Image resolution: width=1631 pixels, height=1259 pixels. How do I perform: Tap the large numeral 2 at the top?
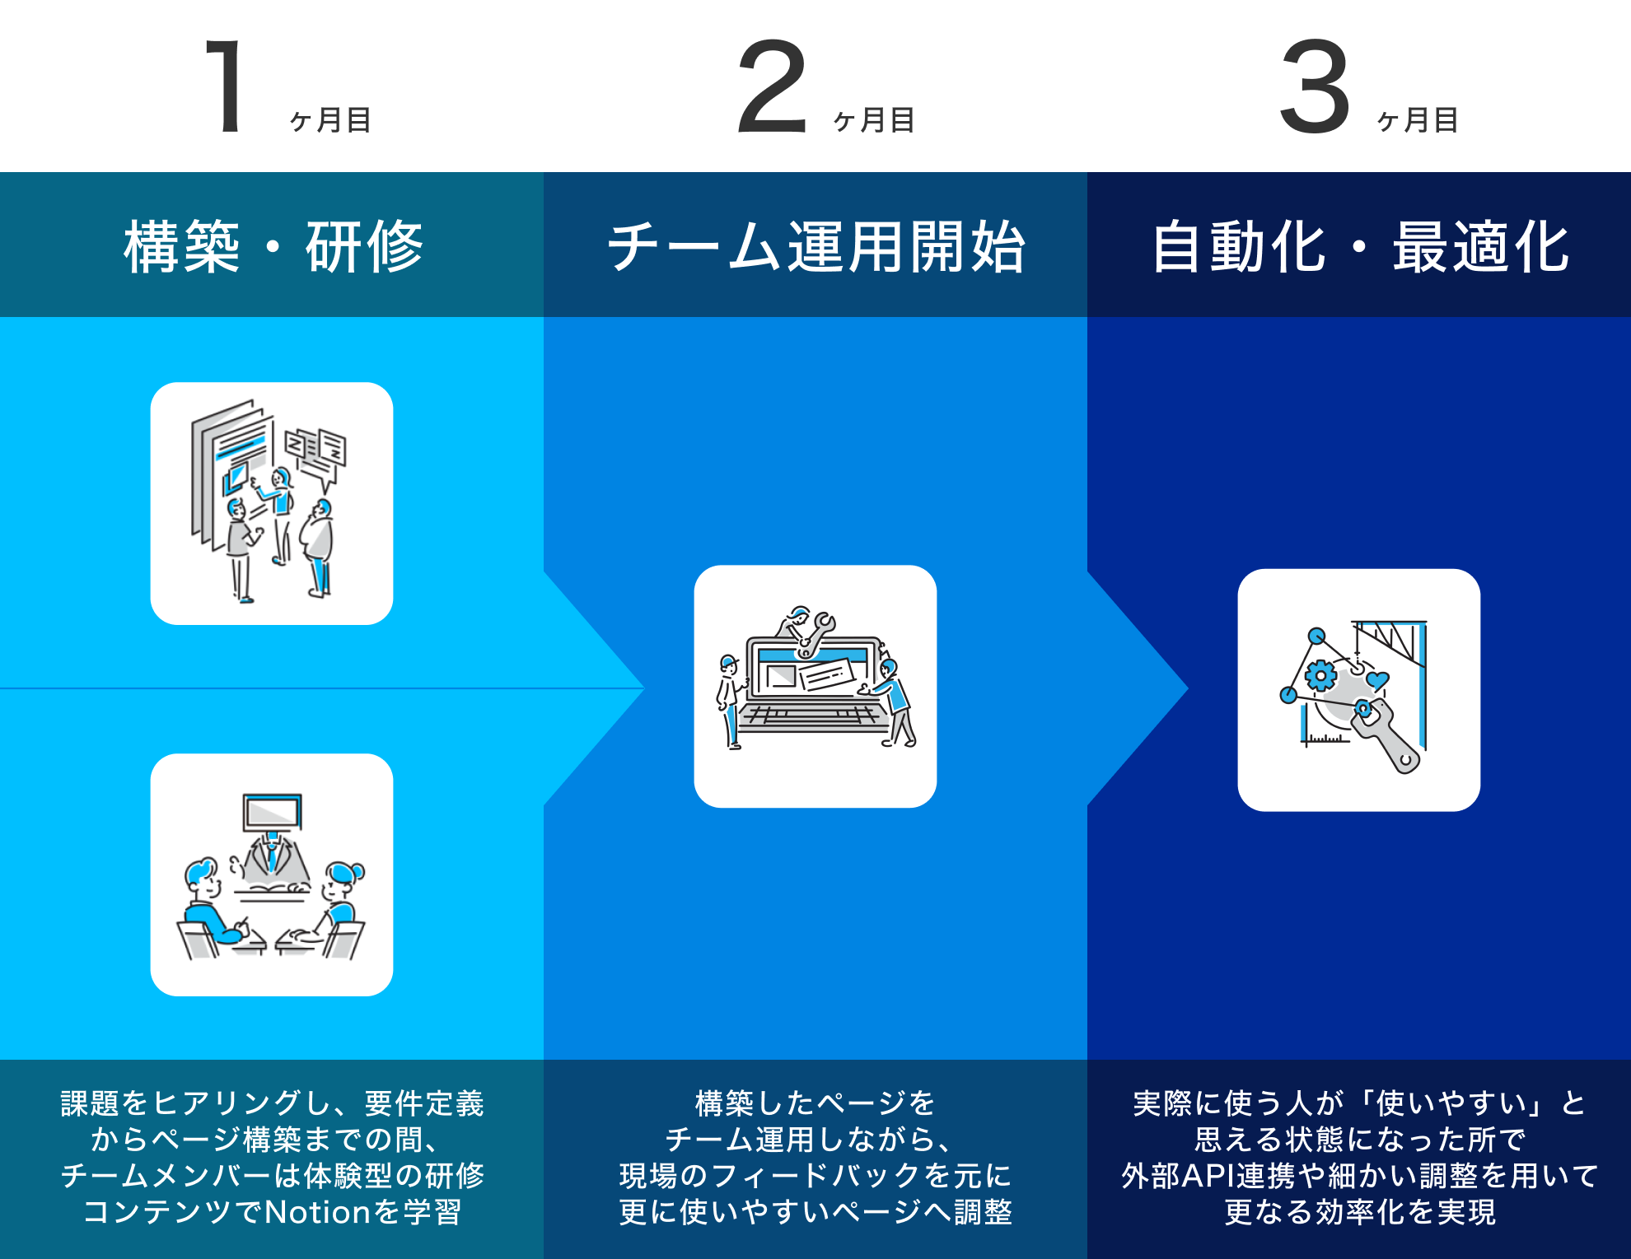tap(771, 86)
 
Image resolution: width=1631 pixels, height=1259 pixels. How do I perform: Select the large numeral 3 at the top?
tap(1315, 86)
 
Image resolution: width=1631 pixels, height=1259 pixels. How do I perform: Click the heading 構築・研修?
tap(273, 246)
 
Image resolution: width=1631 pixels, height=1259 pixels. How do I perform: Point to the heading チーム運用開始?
tap(815, 246)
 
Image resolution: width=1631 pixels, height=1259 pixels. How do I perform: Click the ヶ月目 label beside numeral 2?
tap(874, 121)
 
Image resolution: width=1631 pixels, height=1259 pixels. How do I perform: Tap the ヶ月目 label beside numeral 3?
tap(1418, 121)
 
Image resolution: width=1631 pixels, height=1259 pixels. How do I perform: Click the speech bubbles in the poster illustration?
tap(317, 453)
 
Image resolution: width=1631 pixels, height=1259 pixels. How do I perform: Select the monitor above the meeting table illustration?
tap(273, 813)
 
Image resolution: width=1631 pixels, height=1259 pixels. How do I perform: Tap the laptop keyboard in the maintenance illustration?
tap(811, 715)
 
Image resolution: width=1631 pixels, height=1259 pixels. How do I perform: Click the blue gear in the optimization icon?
tap(1320, 676)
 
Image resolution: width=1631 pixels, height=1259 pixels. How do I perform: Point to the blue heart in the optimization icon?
tap(1376, 681)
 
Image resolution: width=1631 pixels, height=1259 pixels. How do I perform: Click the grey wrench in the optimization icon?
tap(1388, 737)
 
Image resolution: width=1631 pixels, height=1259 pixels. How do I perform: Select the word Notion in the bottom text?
tap(317, 1212)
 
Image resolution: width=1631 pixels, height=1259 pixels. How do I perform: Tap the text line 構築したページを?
tap(815, 1103)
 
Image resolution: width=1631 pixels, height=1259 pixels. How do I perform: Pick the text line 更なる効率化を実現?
tap(1359, 1212)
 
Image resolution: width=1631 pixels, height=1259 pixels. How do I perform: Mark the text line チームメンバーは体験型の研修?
tap(273, 1176)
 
